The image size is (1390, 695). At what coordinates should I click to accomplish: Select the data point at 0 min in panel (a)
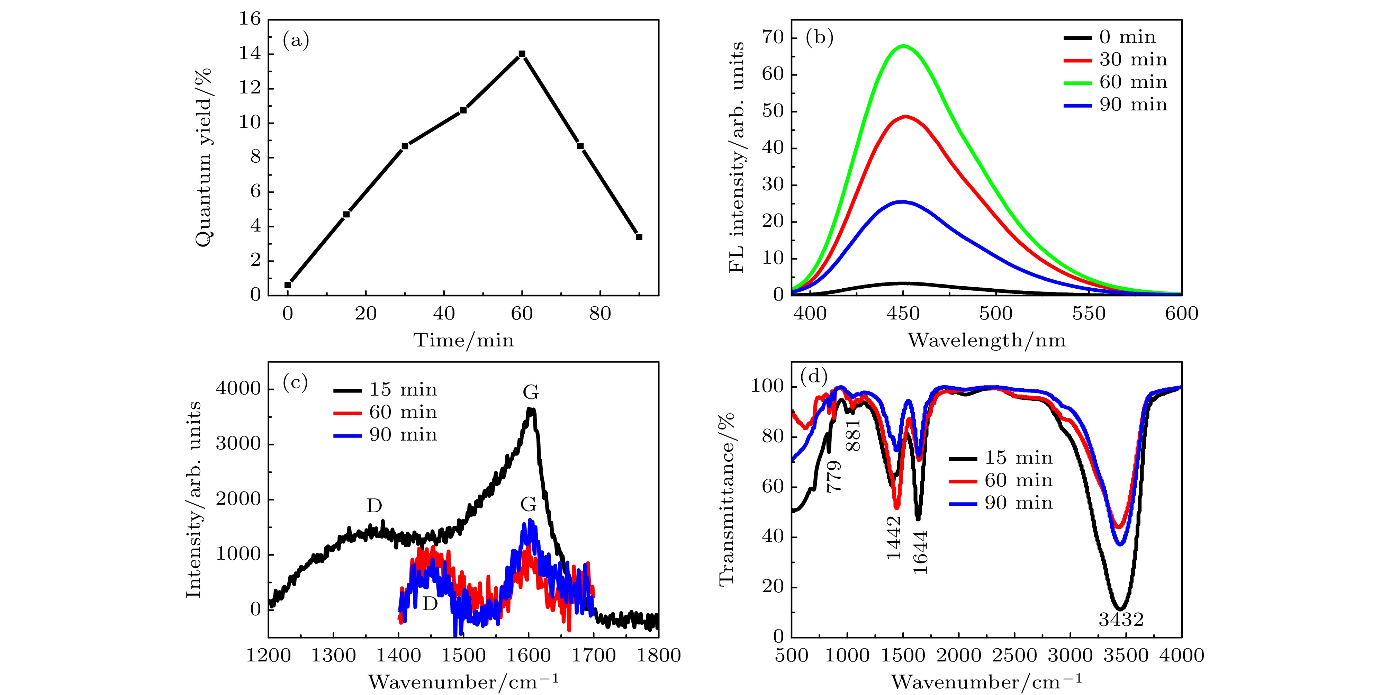288,285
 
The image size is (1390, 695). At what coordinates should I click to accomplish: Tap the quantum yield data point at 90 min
639,237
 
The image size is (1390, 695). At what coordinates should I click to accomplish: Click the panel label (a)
296,40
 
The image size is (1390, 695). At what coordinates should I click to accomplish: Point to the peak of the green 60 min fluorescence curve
903,46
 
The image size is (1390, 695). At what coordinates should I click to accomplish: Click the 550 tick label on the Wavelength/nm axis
1089,314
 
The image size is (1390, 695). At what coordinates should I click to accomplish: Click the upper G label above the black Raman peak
531,392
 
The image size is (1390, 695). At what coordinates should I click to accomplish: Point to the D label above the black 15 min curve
374,506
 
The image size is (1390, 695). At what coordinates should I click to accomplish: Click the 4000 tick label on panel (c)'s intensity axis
238,389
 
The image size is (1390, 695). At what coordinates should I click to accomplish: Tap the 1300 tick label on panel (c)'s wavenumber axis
333,655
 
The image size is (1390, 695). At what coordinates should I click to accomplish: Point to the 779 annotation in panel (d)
834,476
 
